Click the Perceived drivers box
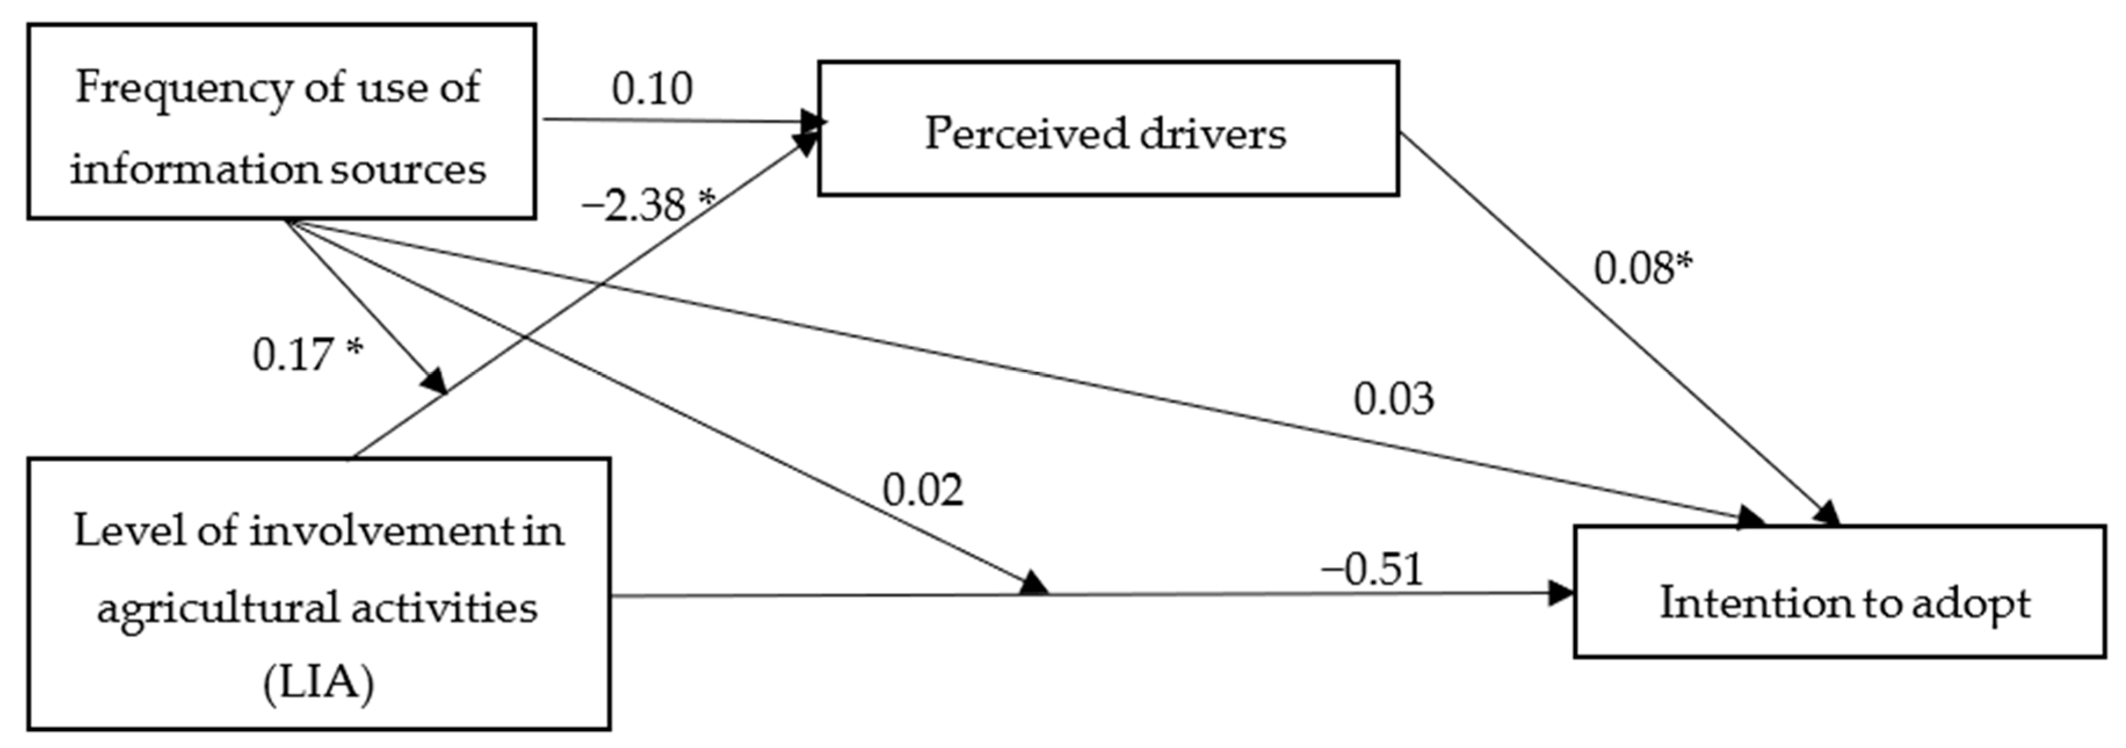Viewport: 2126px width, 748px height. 1108,129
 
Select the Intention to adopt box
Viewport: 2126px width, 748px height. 1839,591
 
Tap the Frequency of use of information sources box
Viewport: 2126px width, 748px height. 281,121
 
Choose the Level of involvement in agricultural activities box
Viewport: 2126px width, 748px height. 318,594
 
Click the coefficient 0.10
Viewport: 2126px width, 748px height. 652,89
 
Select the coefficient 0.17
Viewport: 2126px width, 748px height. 294,355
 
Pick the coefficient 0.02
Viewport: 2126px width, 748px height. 923,490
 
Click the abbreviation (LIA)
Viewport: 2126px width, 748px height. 318,684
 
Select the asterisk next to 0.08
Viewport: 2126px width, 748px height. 1684,262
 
